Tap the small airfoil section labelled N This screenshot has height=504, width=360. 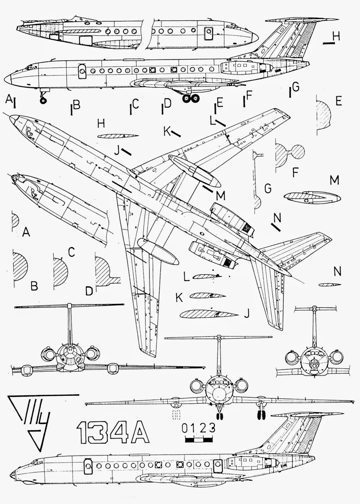click(x=329, y=285)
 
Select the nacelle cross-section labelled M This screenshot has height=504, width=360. click(x=312, y=197)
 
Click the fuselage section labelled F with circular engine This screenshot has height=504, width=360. click(x=290, y=153)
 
